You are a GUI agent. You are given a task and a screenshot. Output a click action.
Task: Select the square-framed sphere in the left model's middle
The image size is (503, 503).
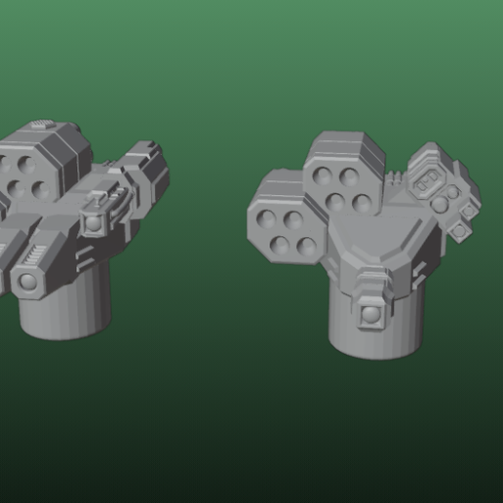(94, 224)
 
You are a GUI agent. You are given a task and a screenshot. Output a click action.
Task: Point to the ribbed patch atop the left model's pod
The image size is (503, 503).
(39, 124)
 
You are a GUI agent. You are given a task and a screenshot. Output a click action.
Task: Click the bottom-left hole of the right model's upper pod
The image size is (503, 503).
(336, 203)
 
